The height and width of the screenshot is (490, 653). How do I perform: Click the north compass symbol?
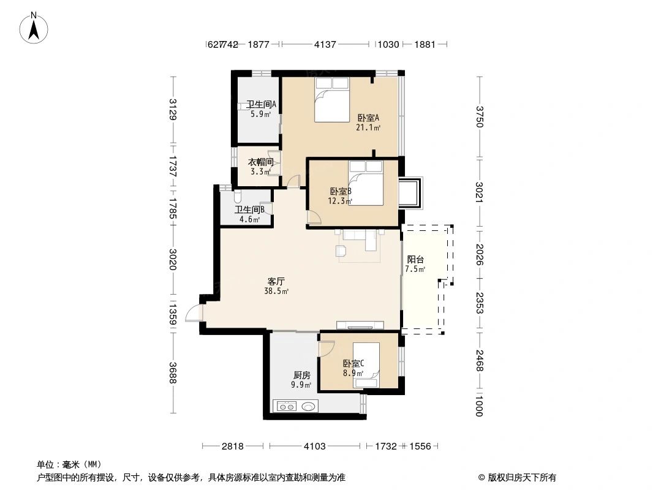click(36, 28)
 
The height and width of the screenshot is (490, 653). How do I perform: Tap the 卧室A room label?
click(369, 118)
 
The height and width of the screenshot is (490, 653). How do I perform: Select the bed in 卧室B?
click(366, 184)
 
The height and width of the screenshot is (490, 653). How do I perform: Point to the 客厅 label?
click(276, 281)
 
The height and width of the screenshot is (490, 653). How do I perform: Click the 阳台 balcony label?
click(415, 259)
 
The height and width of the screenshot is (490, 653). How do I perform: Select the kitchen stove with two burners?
click(286, 405)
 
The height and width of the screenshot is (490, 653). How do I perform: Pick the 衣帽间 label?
click(260, 162)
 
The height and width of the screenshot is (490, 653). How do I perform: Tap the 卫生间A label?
click(261, 105)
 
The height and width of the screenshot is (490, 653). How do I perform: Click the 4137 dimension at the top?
click(325, 44)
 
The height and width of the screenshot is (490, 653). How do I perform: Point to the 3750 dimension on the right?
click(480, 116)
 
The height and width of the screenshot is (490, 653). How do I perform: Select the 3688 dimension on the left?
click(173, 373)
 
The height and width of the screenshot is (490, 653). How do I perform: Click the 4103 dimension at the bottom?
click(314, 447)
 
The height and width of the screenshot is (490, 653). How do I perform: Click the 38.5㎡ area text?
click(277, 292)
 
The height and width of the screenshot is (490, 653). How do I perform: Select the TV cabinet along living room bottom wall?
click(360, 325)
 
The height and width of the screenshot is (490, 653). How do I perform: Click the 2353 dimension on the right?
click(480, 303)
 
